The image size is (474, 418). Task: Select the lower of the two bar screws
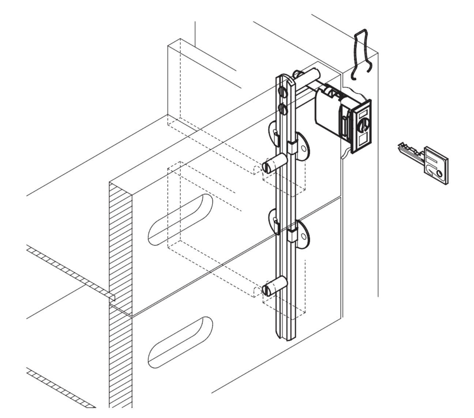coord(282,109)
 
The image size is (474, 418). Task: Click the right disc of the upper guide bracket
coord(302,146)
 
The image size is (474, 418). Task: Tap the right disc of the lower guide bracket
coord(302,232)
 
